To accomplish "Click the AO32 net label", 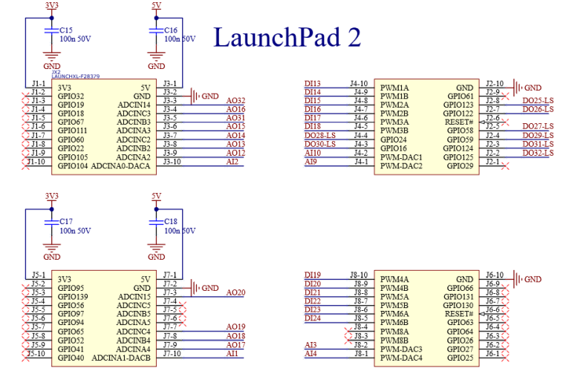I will pyautogui.click(x=235, y=100).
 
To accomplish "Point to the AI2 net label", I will pyautogui.click(x=233, y=161).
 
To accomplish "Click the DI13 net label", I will pyautogui.click(x=312, y=83).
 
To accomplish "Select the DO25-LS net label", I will pyautogui.click(x=538, y=101).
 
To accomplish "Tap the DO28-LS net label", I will pyautogui.click(x=320, y=136).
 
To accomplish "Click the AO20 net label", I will pyautogui.click(x=235, y=292).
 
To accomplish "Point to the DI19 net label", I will pyautogui.click(x=312, y=275).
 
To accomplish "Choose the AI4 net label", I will pyautogui.click(x=310, y=354).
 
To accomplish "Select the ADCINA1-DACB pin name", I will pyautogui.click(x=121, y=358).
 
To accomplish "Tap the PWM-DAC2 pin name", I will pyautogui.click(x=400, y=166).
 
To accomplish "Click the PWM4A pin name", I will pyautogui.click(x=394, y=280).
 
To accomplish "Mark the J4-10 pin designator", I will pyautogui.click(x=359, y=83).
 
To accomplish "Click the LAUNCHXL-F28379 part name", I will pyautogui.click(x=76, y=76).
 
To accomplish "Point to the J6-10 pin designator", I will pyautogui.click(x=493, y=275).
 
